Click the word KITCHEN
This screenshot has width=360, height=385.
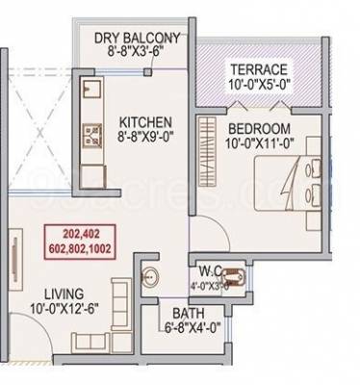145,122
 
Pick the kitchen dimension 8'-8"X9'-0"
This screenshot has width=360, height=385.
145,137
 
